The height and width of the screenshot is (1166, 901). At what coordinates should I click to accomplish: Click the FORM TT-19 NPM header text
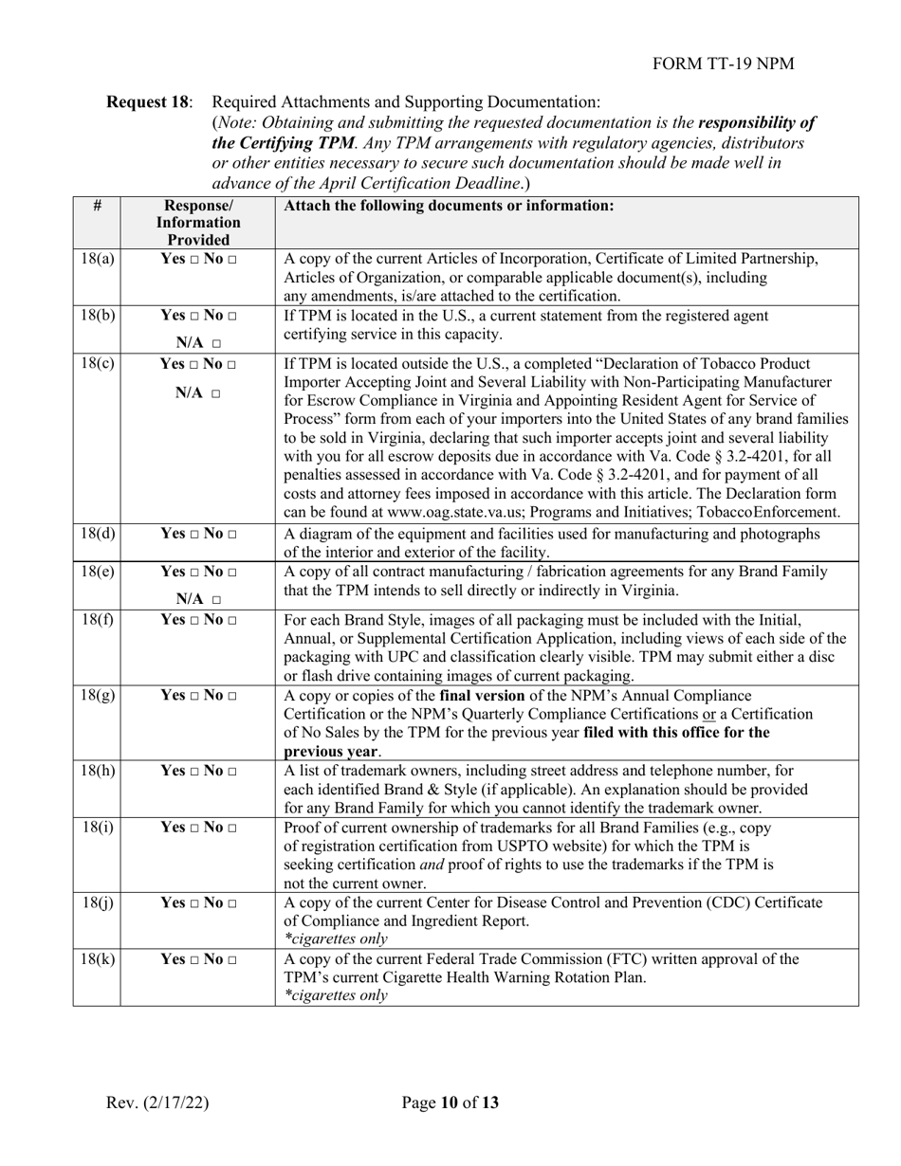coord(724,64)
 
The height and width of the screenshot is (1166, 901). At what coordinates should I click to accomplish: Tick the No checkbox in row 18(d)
coord(232,535)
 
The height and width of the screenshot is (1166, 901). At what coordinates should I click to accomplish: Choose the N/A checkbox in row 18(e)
coord(217,600)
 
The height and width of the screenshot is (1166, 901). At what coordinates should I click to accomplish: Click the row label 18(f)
coord(97,621)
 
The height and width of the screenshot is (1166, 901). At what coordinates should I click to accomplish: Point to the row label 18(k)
coord(97,958)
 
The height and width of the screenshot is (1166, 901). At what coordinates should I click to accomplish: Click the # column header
coord(97,206)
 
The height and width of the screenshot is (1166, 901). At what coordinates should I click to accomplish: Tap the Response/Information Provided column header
coord(197,223)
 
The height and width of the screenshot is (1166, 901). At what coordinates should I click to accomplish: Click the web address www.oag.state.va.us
coord(450,513)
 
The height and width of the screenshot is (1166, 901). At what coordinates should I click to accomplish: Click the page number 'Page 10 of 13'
coord(450,1102)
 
